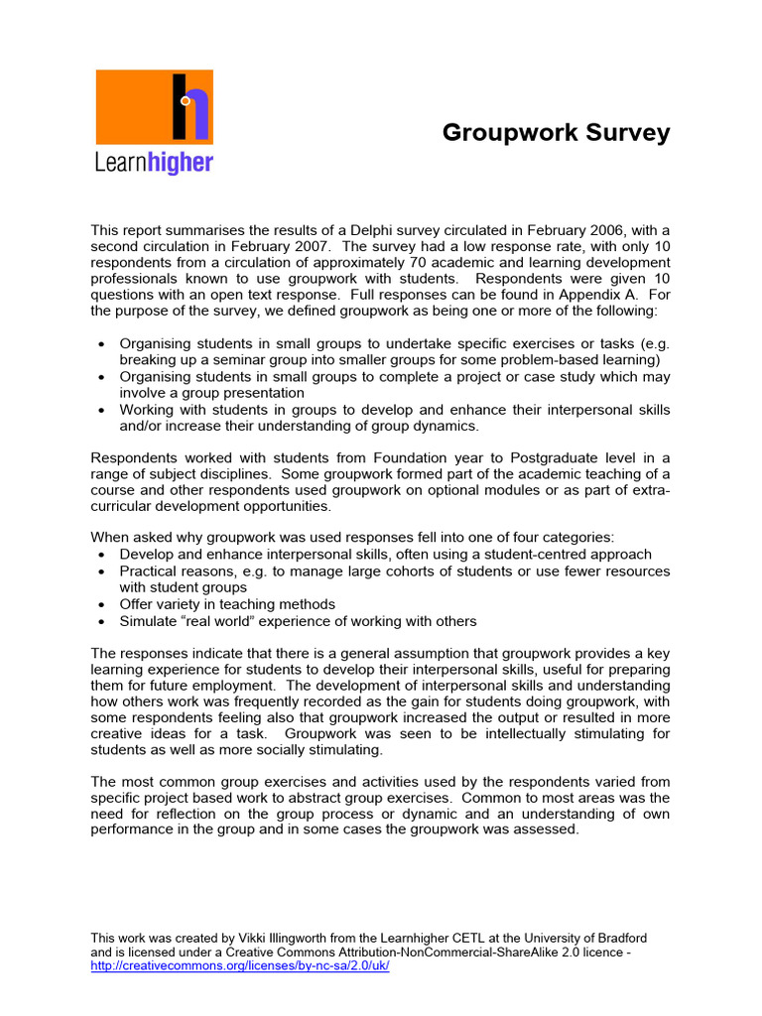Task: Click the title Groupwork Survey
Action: click(556, 133)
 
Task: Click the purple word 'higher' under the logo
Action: click(180, 162)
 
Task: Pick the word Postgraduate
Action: click(557, 457)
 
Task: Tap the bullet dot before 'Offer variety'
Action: click(105, 604)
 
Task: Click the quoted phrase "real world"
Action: click(213, 621)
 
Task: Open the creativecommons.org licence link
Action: click(239, 966)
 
